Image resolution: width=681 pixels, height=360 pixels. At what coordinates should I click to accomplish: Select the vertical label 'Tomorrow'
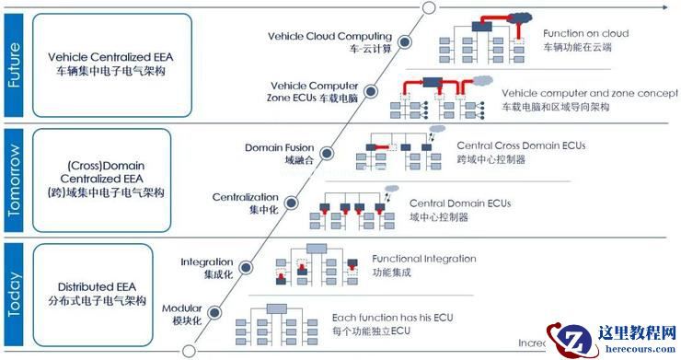click(14, 180)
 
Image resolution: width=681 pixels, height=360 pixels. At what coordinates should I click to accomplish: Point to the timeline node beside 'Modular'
click(214, 315)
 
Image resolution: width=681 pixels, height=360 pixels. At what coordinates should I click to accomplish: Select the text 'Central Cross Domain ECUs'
click(520, 145)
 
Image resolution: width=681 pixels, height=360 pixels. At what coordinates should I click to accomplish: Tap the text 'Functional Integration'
click(424, 259)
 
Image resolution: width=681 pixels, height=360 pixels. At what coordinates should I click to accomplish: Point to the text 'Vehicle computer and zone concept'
click(584, 93)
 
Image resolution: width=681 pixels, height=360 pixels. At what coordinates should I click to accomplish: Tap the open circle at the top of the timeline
click(428, 7)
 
